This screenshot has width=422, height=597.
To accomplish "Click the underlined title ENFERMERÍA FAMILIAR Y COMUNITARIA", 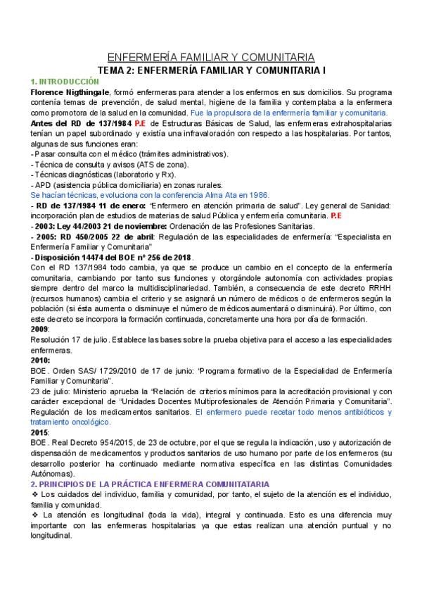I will [211, 57].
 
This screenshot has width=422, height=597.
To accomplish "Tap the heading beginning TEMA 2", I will [211, 70].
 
